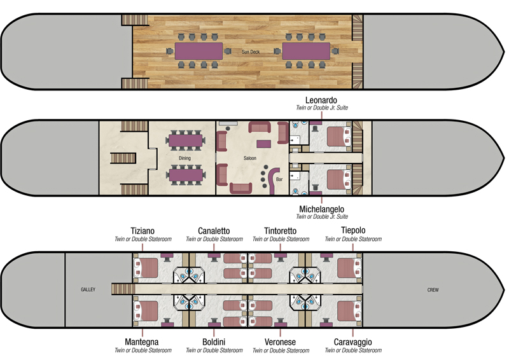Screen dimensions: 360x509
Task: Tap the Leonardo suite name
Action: point(321,100)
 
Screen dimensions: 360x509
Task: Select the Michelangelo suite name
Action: point(321,208)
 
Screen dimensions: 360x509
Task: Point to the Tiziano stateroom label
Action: point(143,230)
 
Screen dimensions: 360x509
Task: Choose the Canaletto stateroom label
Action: point(214,230)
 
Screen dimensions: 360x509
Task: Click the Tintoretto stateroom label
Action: point(281,230)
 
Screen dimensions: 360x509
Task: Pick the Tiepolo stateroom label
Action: point(353,230)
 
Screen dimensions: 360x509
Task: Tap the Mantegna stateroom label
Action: point(143,342)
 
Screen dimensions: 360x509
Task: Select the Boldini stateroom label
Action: point(214,342)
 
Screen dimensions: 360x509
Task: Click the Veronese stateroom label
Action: point(281,342)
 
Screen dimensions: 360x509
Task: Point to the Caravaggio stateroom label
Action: point(353,342)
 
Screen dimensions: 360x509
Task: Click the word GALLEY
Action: point(88,289)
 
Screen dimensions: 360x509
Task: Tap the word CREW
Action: point(433,290)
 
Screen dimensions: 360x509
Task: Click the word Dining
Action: point(185,157)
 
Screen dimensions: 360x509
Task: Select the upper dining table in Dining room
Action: point(185,139)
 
